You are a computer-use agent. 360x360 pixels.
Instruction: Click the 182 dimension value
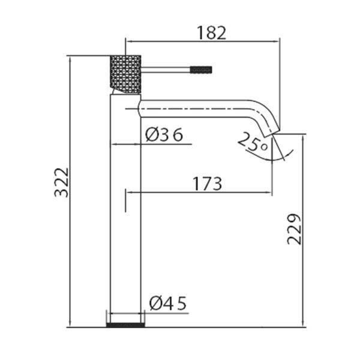(x=211, y=33)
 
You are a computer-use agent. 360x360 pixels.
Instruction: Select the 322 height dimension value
(x=62, y=182)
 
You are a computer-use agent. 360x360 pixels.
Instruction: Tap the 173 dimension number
(x=207, y=184)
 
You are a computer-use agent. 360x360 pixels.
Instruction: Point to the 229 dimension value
(x=294, y=229)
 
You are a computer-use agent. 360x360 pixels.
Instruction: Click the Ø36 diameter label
(x=164, y=135)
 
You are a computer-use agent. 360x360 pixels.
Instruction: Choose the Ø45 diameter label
(x=168, y=303)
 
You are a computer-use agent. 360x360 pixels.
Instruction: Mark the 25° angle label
(x=253, y=142)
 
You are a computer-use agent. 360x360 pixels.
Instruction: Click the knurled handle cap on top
(x=125, y=74)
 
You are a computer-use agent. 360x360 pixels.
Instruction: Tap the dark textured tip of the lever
(x=201, y=70)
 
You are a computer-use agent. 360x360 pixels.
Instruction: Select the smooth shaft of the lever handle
(x=166, y=70)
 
